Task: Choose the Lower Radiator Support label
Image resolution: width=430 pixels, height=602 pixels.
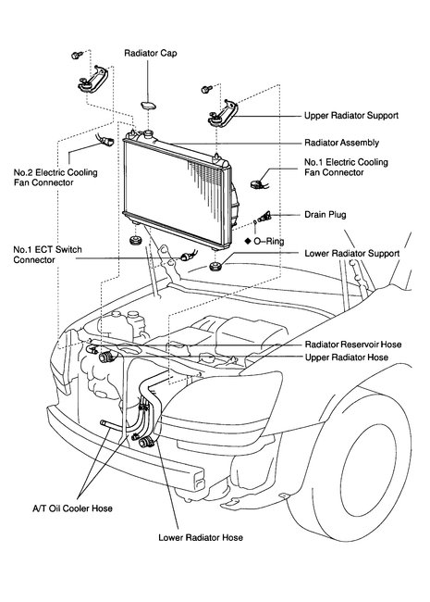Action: tap(351, 253)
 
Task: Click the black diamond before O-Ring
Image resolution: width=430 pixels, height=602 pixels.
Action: tap(248, 240)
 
